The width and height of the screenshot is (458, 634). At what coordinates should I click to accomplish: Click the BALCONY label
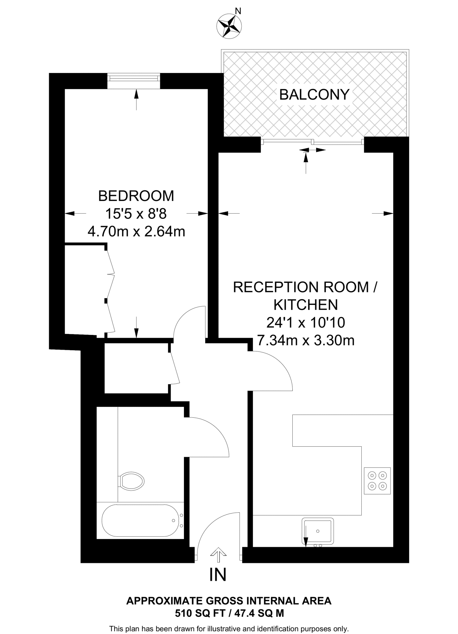(314, 94)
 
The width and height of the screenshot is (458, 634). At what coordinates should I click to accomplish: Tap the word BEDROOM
(136, 196)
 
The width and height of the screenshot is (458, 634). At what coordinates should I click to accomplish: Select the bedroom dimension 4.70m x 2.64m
(136, 231)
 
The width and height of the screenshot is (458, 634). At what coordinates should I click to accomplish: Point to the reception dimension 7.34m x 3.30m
(306, 341)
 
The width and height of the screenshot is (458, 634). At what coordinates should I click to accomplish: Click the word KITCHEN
(306, 305)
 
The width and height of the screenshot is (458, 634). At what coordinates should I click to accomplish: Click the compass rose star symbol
(229, 27)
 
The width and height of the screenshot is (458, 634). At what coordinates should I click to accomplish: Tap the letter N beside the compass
(238, 11)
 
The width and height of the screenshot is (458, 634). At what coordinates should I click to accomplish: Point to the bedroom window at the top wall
(134, 81)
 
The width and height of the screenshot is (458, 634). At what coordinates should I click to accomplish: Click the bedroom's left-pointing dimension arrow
(75, 213)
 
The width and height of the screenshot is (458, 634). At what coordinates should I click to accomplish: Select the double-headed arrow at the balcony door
(312, 150)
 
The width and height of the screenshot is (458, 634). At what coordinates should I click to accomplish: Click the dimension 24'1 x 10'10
(306, 323)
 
